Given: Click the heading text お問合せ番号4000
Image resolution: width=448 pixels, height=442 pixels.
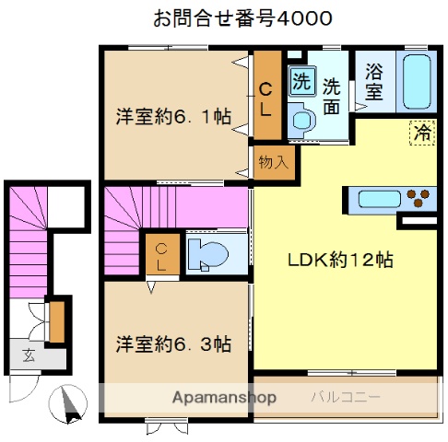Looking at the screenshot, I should point(242,17).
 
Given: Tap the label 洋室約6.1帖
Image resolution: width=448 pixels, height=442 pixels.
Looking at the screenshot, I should point(172,117).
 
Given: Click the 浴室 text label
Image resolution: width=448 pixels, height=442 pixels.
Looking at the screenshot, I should point(373,81).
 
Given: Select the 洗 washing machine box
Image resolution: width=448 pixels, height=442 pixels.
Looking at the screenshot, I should point(301,80).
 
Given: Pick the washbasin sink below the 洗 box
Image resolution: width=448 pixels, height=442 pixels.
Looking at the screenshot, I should point(301,119).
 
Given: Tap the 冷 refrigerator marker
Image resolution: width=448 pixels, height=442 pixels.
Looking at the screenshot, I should point(421,133).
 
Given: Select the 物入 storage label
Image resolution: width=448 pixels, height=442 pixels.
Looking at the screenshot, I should point(274,162).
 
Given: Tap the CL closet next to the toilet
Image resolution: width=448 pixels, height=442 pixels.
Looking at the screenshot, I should point(161,255).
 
